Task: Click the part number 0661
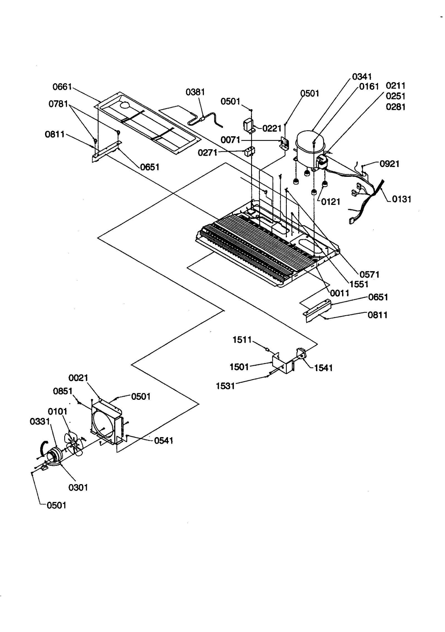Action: tap(62, 87)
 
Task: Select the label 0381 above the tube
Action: tap(195, 92)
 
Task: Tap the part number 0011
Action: tap(340, 293)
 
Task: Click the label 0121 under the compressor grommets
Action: tap(330, 202)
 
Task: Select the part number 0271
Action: tap(207, 153)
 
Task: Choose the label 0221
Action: tap(272, 128)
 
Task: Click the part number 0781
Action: tap(58, 104)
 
